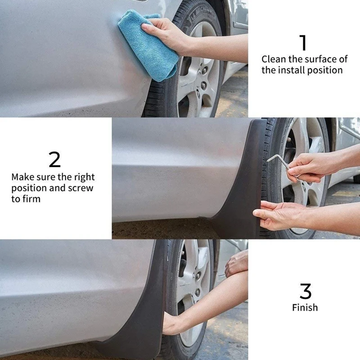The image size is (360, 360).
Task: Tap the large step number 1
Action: point(303,42)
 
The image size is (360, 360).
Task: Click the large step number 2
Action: point(54,159)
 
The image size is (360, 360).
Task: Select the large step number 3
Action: point(306,291)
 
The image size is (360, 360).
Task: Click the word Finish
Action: point(305,307)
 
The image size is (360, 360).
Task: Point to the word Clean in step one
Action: point(274,59)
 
